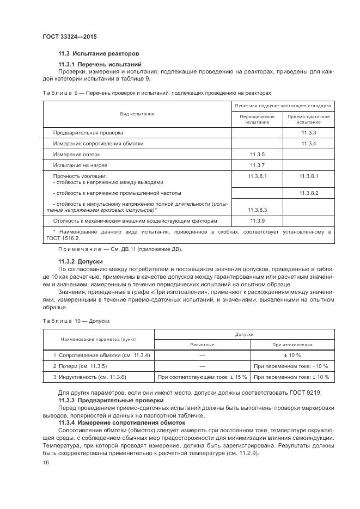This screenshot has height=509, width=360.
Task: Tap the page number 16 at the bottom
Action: click(x=45, y=462)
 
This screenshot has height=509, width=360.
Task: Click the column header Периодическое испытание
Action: click(x=257, y=119)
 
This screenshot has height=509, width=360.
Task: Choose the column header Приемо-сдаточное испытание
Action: click(x=308, y=119)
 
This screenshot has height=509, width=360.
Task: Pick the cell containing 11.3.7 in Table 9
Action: click(x=257, y=165)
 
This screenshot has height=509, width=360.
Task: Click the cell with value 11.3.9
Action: click(x=257, y=221)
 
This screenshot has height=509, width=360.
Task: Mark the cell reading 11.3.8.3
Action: click(x=257, y=210)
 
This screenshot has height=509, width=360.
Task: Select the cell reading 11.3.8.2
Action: click(x=308, y=193)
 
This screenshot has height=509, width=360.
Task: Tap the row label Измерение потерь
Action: click(x=76, y=154)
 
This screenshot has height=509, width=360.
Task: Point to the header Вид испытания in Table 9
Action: click(x=137, y=114)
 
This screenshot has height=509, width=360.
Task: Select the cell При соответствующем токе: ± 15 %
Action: click(x=202, y=377)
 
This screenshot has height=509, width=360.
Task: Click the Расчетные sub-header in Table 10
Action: click(x=202, y=345)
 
